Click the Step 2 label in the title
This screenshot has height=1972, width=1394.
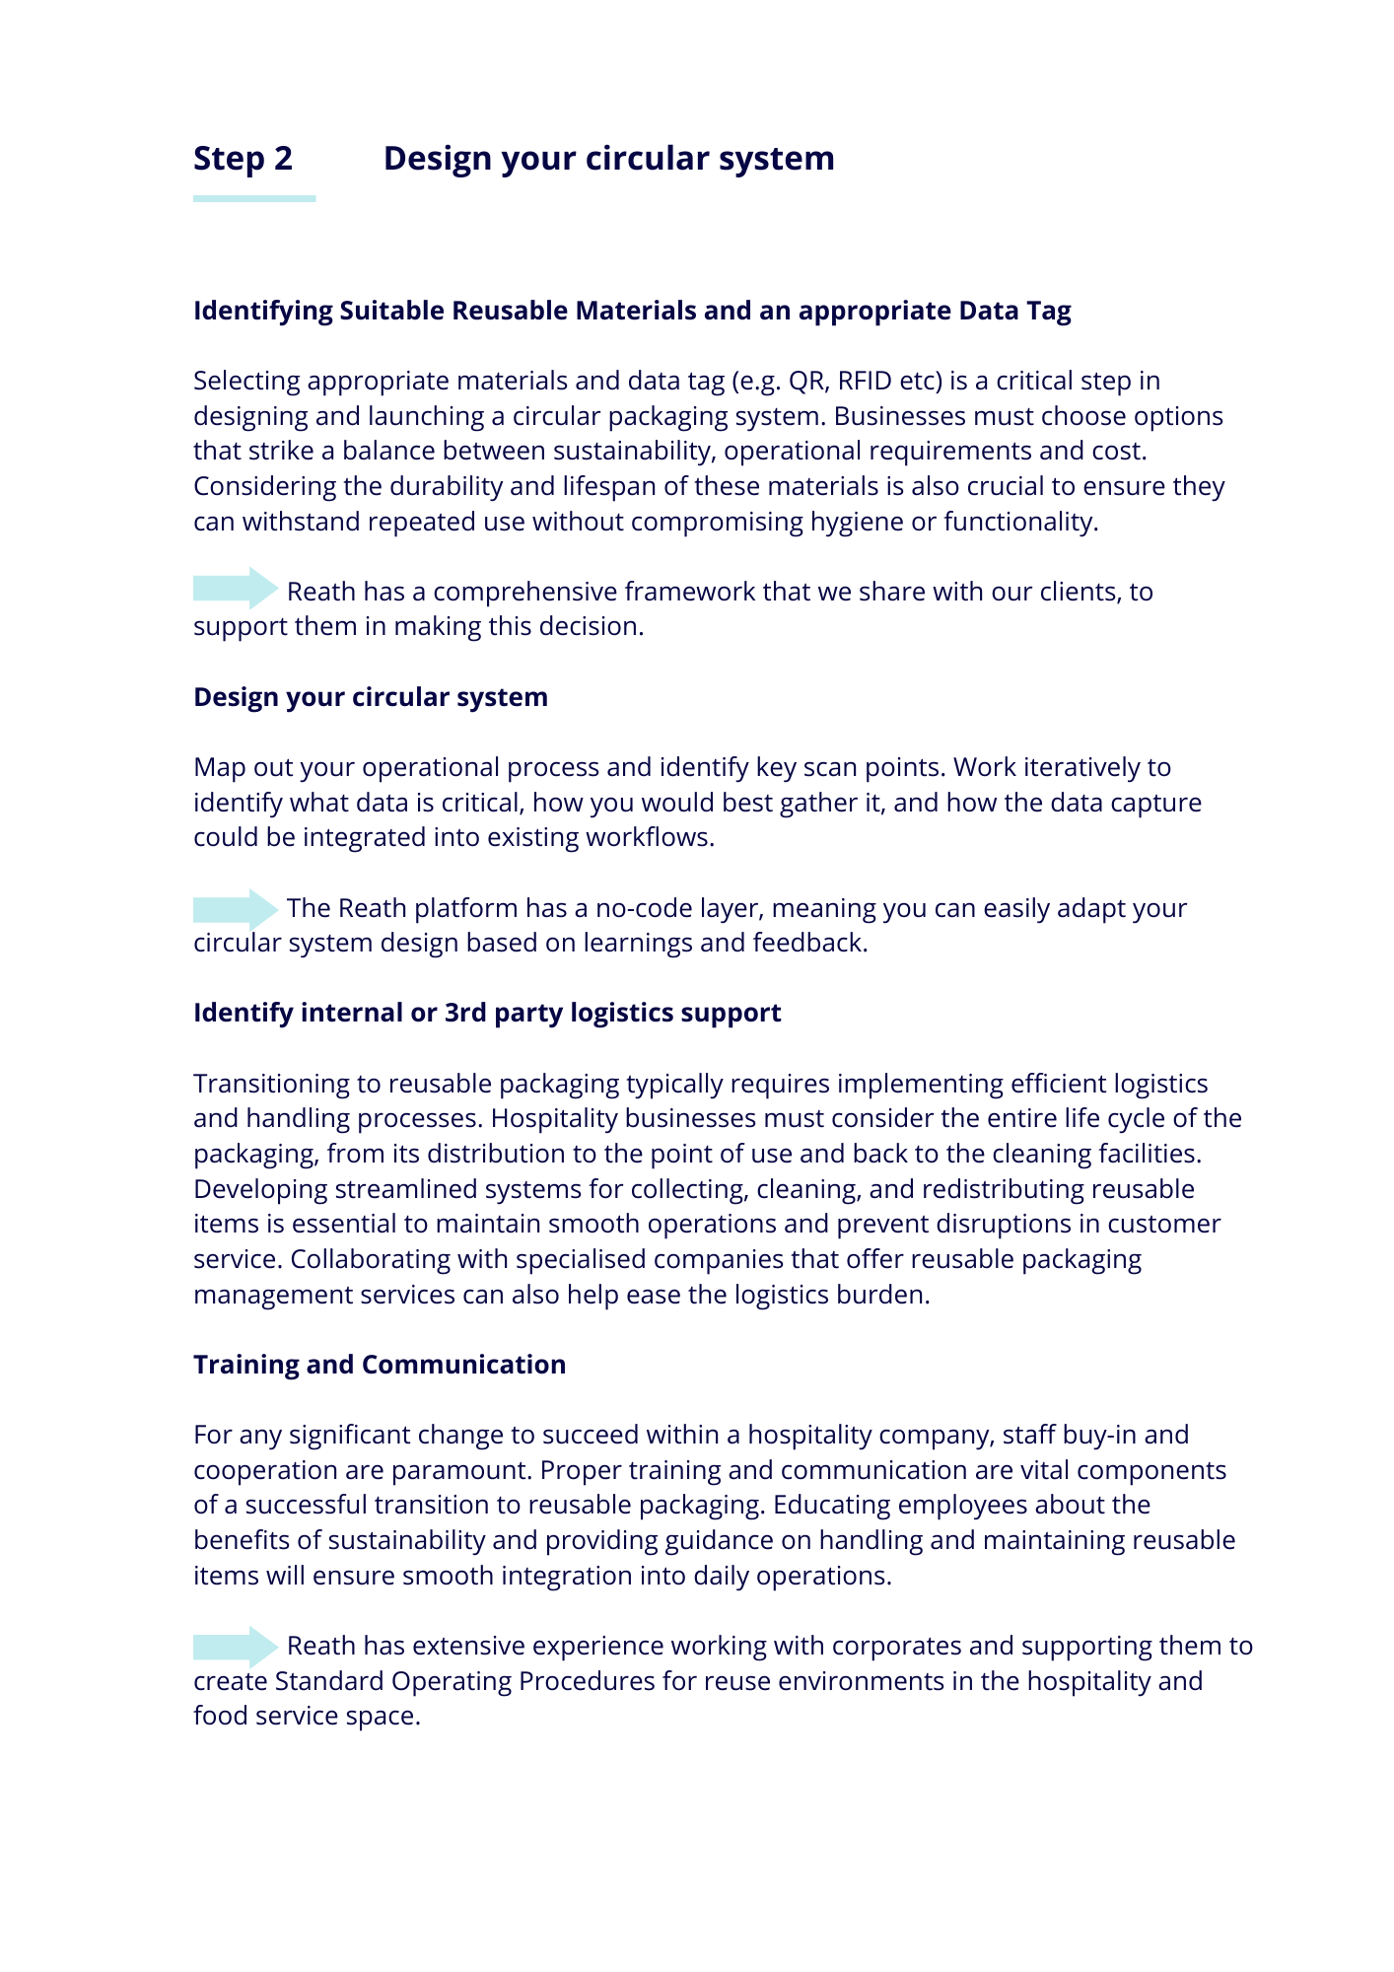pos(243,159)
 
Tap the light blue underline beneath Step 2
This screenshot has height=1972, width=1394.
pos(254,199)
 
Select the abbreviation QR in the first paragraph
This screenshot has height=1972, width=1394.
pos(808,381)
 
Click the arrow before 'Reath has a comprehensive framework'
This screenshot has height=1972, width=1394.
pos(236,589)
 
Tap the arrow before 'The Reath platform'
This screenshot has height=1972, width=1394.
pos(236,908)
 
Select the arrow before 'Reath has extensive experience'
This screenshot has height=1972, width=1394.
pos(236,1647)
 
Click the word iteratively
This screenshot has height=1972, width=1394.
pos(1081,767)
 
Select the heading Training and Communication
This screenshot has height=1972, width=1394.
pos(380,1365)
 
